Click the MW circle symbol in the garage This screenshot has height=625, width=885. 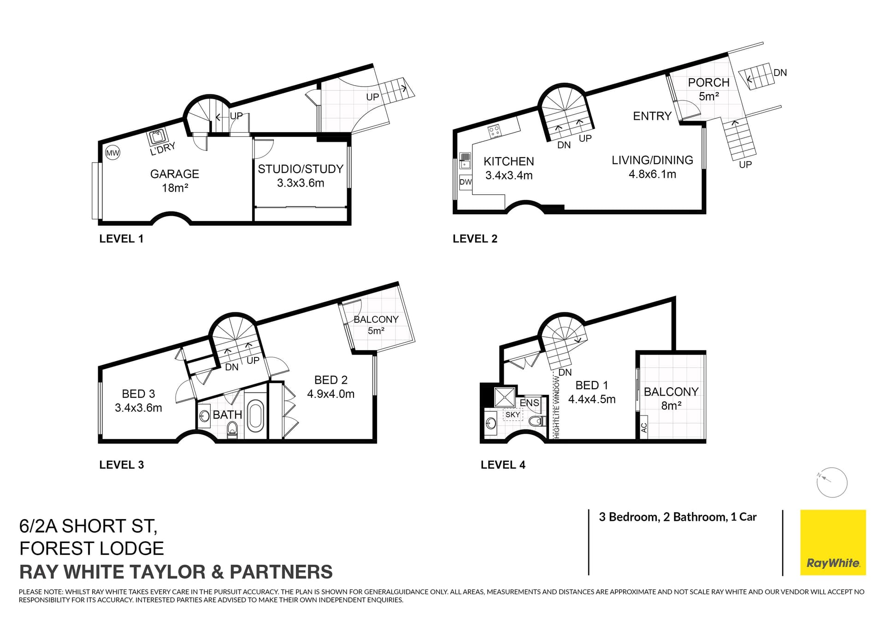[112, 153]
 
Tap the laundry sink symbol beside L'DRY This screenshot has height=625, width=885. [157, 136]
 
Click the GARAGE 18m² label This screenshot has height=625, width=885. [174, 181]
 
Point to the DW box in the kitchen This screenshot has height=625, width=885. [466, 182]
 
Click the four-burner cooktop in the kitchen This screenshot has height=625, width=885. [495, 131]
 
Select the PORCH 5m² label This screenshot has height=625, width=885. [708, 89]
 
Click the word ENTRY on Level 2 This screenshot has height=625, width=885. [652, 116]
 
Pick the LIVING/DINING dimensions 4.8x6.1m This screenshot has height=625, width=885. [652, 175]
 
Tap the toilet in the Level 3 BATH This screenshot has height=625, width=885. [232, 431]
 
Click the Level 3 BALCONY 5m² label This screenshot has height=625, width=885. [376, 325]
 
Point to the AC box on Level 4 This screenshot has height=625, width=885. [644, 428]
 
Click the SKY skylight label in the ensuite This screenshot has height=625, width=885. [513, 415]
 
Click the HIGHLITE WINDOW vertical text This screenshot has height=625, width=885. [557, 407]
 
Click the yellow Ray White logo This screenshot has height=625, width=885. [832, 542]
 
